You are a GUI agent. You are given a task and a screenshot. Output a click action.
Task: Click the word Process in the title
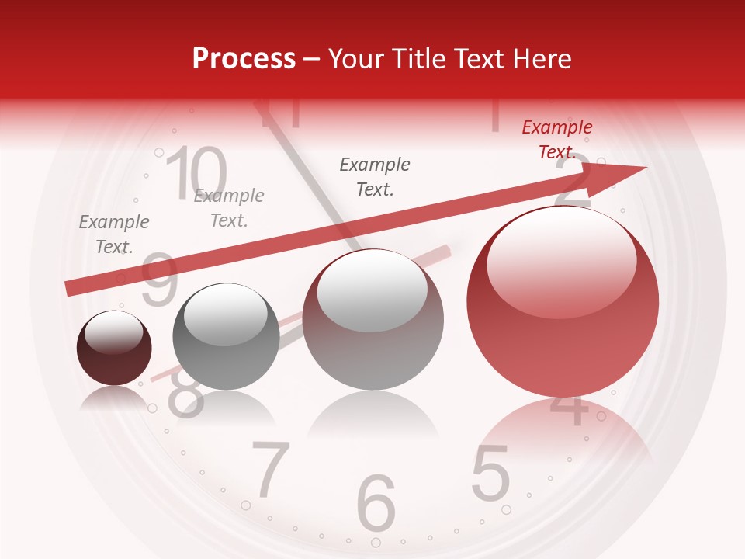pyautogui.click(x=244, y=59)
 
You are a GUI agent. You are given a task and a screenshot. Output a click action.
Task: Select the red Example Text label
pyautogui.click(x=557, y=140)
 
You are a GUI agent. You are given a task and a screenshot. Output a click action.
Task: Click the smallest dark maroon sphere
pyautogui.click(x=114, y=348)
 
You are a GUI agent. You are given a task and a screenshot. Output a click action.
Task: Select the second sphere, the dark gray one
pyautogui.click(x=226, y=336)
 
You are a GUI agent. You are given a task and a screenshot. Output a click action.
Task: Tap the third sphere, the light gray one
pyautogui.click(x=373, y=319)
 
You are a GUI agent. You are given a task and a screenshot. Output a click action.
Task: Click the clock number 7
pyautogui.click(x=271, y=470)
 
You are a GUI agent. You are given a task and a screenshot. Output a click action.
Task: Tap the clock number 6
pyautogui.click(x=376, y=502)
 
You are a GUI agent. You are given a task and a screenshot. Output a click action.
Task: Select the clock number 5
pyautogui.click(x=490, y=473)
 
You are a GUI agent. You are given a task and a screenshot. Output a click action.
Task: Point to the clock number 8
pyautogui.click(x=185, y=396)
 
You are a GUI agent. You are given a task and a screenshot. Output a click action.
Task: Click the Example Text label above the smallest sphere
pyautogui.click(x=114, y=234)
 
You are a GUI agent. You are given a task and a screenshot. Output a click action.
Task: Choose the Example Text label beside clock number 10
pyautogui.click(x=229, y=208)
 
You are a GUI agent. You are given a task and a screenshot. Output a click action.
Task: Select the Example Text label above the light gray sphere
pyautogui.click(x=375, y=176)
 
